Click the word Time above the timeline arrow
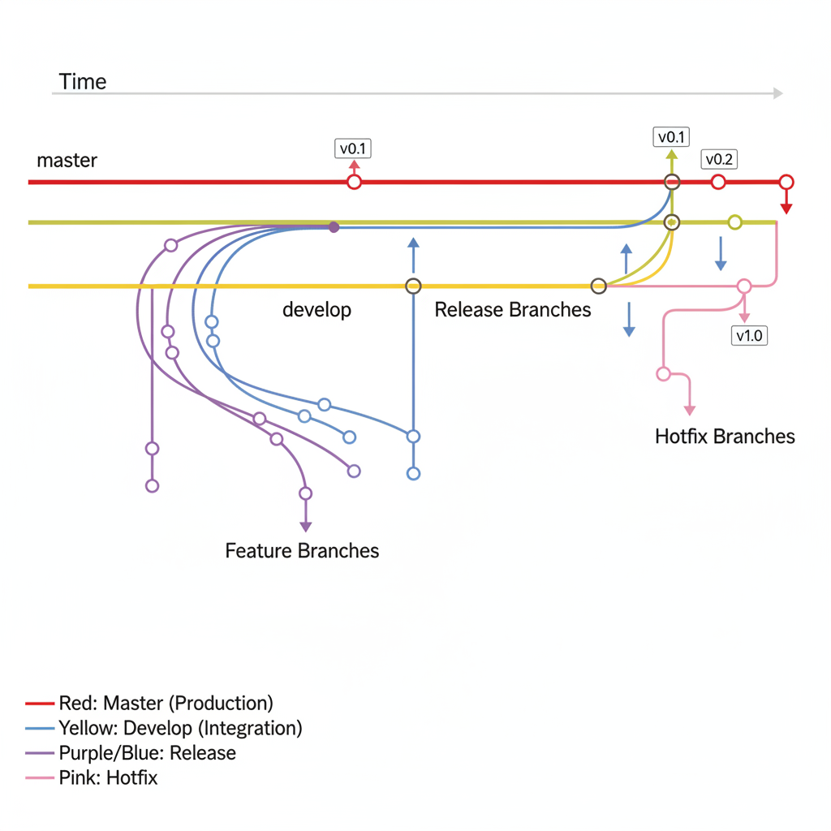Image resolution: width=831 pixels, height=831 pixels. pos(83,82)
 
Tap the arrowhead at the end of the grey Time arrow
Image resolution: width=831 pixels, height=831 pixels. pos(777,93)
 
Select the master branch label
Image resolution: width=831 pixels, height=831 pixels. pos(67,161)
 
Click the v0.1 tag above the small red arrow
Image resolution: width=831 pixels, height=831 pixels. pos(353,149)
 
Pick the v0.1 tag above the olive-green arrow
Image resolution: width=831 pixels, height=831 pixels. pos(671,136)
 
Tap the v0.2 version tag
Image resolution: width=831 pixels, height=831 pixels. pos(719,159)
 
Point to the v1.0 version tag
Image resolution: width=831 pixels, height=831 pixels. pos(749,335)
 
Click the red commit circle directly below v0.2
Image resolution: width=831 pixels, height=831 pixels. pos(718,182)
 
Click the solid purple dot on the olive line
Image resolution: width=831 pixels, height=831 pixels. pos(334,228)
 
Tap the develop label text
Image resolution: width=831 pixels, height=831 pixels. pos(316,310)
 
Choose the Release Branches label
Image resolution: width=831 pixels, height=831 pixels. pos(513,310)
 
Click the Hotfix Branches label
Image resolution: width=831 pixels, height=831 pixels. pos(725,437)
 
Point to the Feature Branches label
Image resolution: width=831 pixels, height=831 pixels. pos(302,551)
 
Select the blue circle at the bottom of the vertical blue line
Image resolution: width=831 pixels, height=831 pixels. pos(413,474)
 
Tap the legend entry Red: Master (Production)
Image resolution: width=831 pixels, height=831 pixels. pos(166,703)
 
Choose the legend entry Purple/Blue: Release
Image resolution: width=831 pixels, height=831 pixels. pos(147,753)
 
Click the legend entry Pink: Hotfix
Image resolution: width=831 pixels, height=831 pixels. pos(108,778)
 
